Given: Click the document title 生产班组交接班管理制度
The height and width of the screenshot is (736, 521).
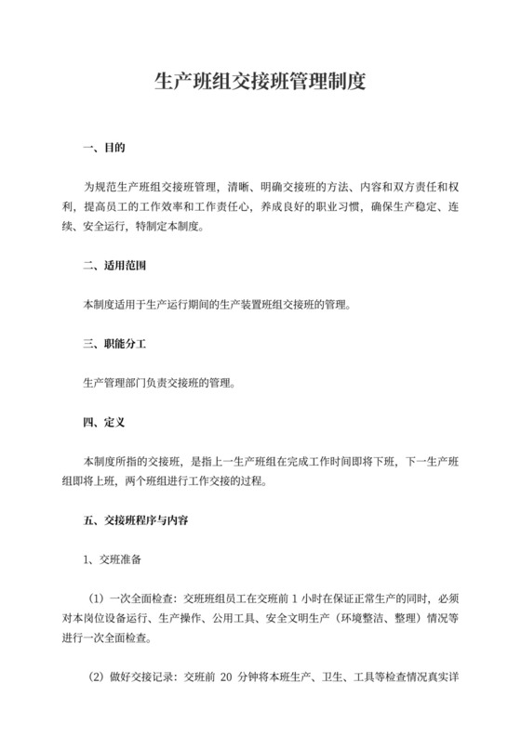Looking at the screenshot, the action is click(260, 82).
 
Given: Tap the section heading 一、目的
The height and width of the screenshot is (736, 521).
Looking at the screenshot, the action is click(104, 148).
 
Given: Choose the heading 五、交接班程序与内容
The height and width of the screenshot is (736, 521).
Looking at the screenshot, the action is click(136, 521).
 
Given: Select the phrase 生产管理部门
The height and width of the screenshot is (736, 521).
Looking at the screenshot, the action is click(116, 382).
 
